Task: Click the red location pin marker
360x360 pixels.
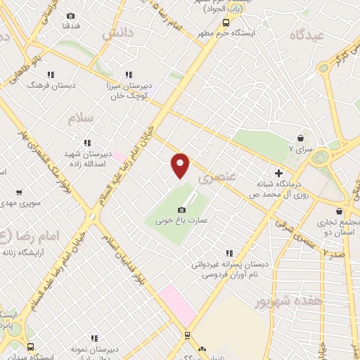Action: [x=181, y=165]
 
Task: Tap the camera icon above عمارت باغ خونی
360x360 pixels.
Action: [x=181, y=210]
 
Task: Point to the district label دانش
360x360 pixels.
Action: [x=117, y=32]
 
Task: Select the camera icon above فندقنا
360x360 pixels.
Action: [x=70, y=16]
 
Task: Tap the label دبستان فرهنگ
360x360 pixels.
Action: [x=46, y=84]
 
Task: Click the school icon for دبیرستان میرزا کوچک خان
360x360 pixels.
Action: [x=128, y=74]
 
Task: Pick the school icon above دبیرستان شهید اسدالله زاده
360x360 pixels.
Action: [x=87, y=143]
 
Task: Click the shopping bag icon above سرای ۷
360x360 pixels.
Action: [x=301, y=139]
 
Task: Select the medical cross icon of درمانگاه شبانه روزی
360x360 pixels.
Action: [x=279, y=173]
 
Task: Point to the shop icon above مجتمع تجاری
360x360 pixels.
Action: [x=340, y=211]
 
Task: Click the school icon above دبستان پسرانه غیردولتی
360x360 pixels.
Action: [x=228, y=254]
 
